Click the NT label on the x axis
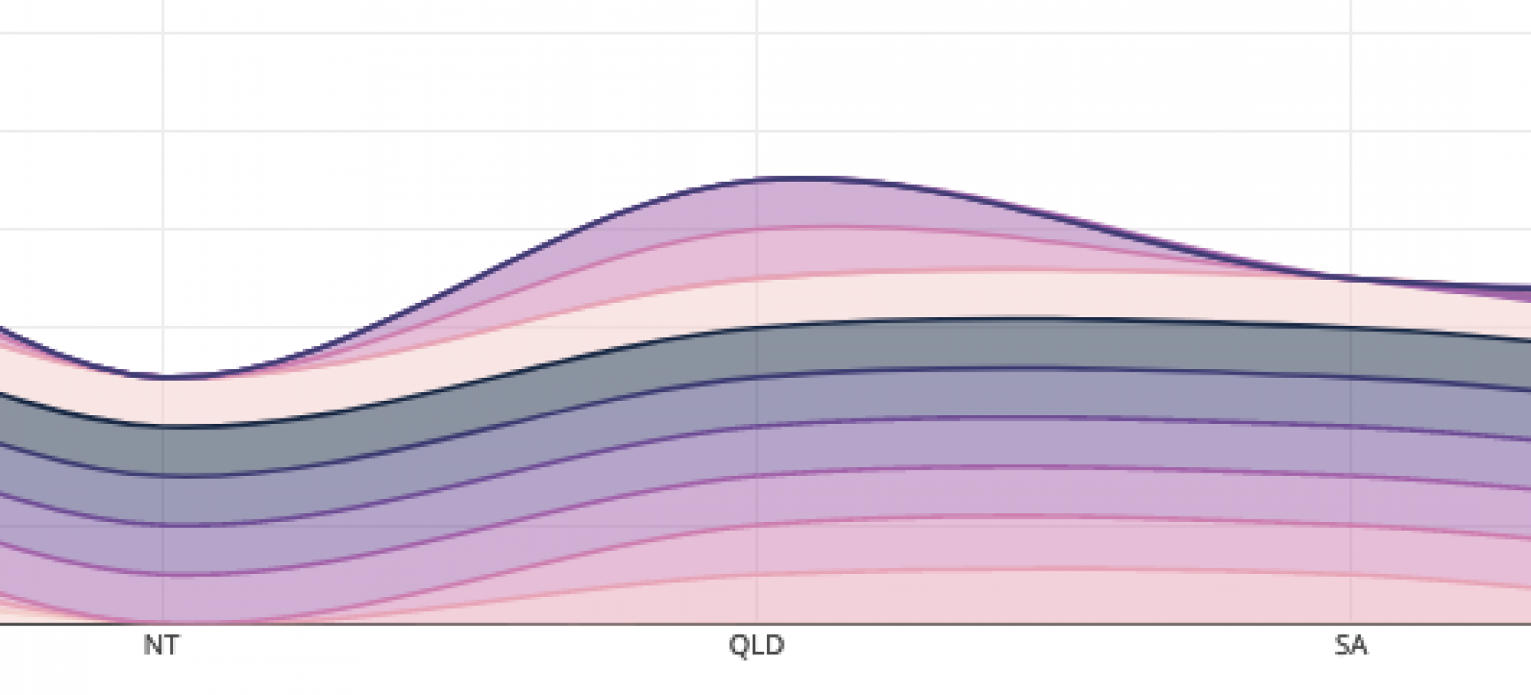click(x=161, y=645)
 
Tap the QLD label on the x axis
click(x=756, y=645)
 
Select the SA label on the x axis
click(x=1350, y=645)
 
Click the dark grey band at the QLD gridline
click(x=757, y=351)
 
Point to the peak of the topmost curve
click(x=805, y=178)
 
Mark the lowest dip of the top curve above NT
click(x=163, y=376)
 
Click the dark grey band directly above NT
click(x=163, y=451)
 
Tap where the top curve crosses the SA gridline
click(x=1351, y=278)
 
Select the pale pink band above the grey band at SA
click(x=1351, y=302)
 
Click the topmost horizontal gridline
click(x=765, y=33)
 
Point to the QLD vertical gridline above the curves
click(x=757, y=96)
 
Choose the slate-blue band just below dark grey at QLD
click(x=757, y=401)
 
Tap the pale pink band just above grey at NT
click(x=163, y=402)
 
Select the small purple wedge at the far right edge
click(x=1524, y=293)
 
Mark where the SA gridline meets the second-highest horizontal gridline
click(x=1351, y=132)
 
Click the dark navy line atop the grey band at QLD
click(x=757, y=327)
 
